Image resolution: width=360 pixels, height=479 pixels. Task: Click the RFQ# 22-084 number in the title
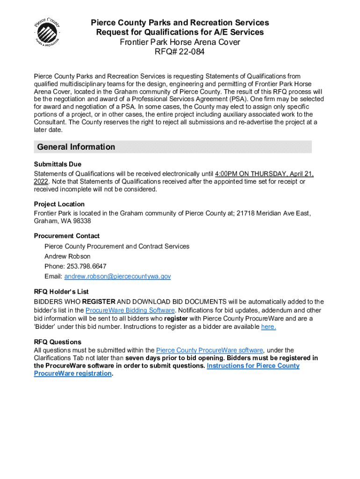tap(180, 52)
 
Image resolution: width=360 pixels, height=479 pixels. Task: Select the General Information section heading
tap(76, 147)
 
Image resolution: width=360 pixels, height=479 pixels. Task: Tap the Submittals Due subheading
tap(58, 164)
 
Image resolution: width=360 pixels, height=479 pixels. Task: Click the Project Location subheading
tap(59, 204)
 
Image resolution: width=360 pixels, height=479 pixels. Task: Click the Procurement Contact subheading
tap(67, 236)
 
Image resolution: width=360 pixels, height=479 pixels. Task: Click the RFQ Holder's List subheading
tap(61, 291)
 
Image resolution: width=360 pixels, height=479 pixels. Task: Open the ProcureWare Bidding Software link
tap(130, 310)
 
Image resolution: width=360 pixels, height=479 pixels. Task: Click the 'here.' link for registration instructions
tap(268, 327)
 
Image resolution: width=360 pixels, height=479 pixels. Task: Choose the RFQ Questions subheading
tap(58, 342)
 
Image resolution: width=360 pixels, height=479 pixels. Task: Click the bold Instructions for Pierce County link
tap(253, 366)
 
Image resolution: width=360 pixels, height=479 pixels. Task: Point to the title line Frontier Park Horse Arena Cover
tap(180, 42)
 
